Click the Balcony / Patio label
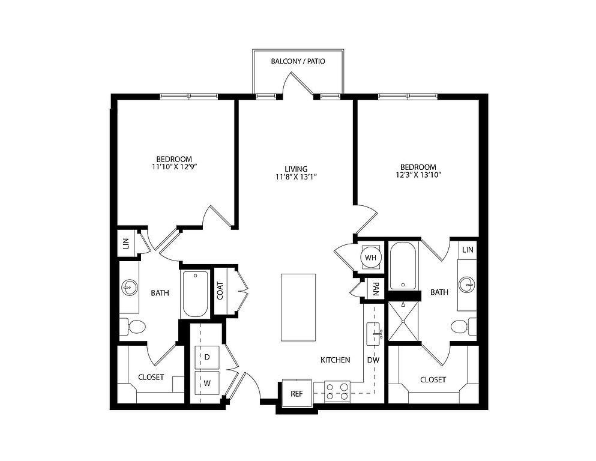298,61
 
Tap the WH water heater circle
370,258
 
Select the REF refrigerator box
297,394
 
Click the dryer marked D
207,357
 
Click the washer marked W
207,383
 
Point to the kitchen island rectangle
298,307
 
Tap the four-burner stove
337,391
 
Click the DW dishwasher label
373,360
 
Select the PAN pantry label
376,289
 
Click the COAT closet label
220,291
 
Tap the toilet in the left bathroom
133,327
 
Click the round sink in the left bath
129,288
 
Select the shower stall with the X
403,321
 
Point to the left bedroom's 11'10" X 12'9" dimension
174,166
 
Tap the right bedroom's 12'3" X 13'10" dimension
418,175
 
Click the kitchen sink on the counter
374,334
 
